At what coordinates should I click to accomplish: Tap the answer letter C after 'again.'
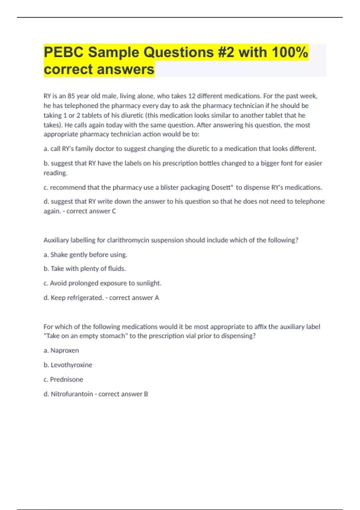(x=114, y=211)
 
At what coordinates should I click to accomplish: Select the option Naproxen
(x=64, y=350)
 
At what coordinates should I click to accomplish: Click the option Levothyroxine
(x=71, y=365)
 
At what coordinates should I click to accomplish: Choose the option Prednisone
(x=66, y=379)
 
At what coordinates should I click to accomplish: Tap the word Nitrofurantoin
(x=72, y=394)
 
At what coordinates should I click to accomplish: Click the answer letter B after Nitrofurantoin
(x=146, y=394)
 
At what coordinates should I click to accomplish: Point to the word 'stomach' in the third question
(x=114, y=336)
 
